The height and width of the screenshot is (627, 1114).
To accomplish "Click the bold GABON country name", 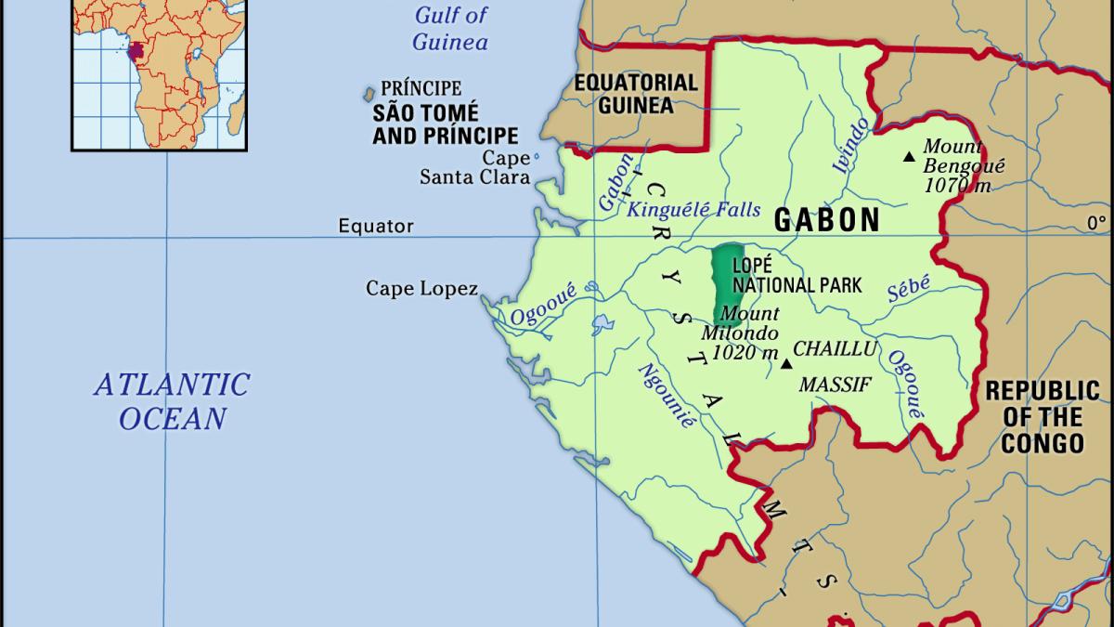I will coord(826,220).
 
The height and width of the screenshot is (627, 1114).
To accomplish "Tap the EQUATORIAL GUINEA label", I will coord(635,93).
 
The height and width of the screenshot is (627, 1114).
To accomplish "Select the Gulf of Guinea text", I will coord(450,28).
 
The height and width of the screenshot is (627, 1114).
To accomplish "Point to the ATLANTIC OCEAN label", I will coord(172,401).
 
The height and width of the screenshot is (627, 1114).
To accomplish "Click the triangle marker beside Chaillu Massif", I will coord(786,364).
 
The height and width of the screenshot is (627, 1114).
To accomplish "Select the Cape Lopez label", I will coord(421,289).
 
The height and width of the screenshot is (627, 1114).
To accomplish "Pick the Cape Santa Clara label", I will coord(474,168).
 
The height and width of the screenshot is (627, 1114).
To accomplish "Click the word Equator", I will coord(375,226).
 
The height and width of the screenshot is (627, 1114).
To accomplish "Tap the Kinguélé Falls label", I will coord(694,209).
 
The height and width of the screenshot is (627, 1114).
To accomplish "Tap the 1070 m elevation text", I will coord(957,186).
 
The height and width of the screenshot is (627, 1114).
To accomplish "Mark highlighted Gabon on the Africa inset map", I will coord(137,49).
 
